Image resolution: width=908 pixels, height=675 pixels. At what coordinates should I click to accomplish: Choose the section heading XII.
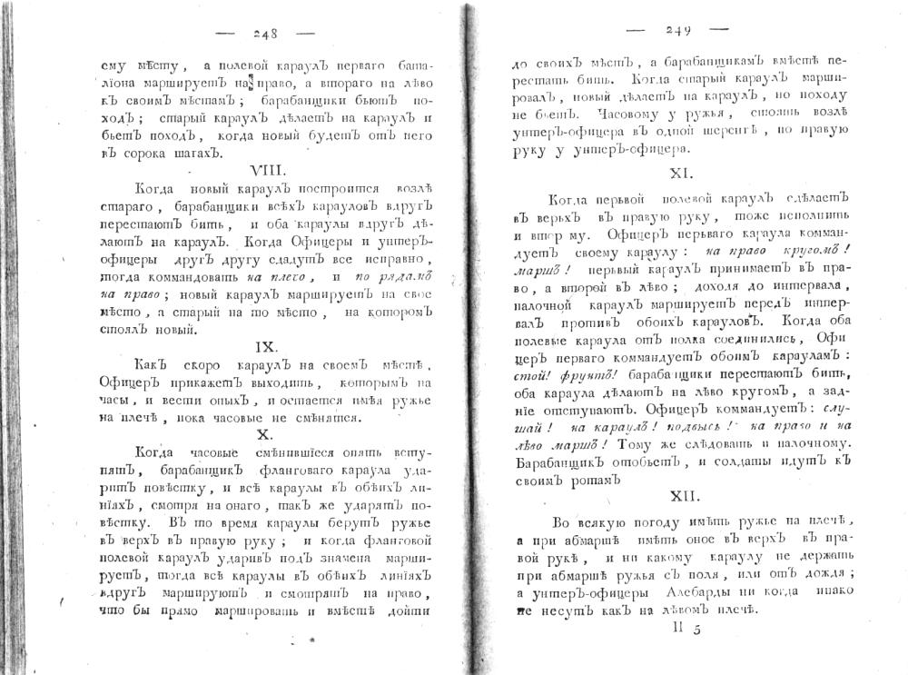tap(686, 496)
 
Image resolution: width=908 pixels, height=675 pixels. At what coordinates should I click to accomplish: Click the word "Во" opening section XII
tap(561, 521)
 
